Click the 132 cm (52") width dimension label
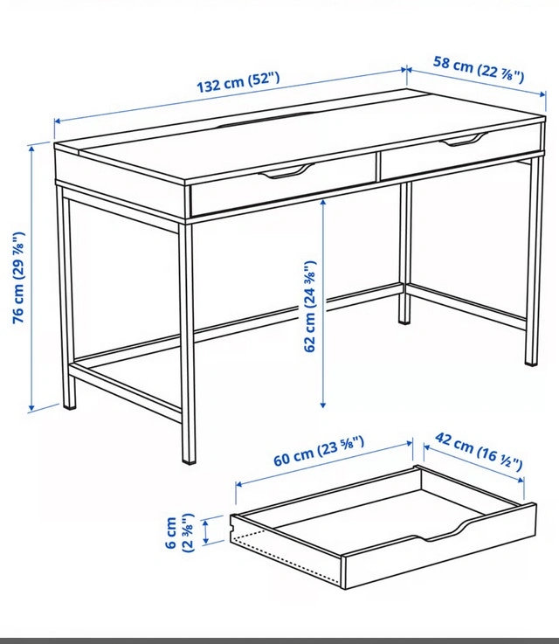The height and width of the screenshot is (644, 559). [238, 82]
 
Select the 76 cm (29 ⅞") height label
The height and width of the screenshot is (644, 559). [18, 278]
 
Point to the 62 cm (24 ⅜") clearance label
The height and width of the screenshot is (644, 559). [309, 306]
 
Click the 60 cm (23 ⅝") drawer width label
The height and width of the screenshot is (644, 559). [319, 452]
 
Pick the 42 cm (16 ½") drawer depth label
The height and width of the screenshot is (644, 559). [479, 452]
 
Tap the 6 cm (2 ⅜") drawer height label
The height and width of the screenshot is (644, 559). [179, 533]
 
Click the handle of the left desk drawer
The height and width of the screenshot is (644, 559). [286, 171]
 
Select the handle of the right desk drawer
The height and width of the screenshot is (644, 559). [464, 140]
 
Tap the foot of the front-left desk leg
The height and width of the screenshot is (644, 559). [189, 459]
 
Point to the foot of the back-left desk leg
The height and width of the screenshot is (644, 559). [70, 405]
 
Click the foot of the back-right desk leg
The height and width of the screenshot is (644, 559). [404, 320]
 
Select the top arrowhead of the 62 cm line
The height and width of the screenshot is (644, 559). [323, 202]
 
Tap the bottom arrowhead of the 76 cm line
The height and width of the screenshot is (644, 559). [31, 408]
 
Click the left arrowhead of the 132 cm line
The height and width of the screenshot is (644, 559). [58, 121]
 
